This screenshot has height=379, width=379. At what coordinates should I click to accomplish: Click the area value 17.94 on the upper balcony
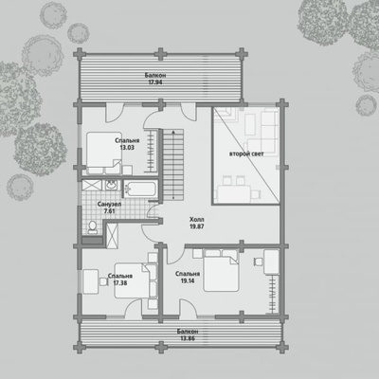[x=155, y=82]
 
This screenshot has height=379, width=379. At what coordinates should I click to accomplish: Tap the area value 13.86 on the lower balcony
[x=188, y=338]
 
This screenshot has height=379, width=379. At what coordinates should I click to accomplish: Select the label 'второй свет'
[x=246, y=154]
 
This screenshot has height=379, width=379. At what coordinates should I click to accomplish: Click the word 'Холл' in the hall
[x=197, y=220]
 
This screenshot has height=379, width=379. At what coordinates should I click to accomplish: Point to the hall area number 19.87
[x=196, y=226]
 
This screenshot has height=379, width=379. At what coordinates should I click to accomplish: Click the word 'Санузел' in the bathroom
[x=109, y=205]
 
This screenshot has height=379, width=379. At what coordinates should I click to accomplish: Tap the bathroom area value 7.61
[x=109, y=211]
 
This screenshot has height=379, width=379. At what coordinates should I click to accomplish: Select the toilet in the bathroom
[x=93, y=227]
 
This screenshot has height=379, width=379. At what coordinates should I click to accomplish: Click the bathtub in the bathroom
[x=139, y=189]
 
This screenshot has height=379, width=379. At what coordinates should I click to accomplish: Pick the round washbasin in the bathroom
[x=111, y=185]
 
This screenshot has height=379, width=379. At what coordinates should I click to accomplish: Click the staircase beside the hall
[x=173, y=164]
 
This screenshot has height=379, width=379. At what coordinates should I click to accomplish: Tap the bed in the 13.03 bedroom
[x=104, y=153]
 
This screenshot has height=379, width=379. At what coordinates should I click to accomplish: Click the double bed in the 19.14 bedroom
[x=221, y=270]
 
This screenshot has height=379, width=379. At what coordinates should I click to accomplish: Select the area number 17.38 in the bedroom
[x=120, y=283]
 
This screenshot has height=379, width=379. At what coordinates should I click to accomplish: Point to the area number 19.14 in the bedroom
[x=188, y=280]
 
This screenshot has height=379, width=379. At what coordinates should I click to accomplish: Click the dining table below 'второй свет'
[x=234, y=192]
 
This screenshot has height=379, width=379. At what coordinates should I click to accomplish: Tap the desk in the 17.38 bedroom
[x=91, y=281]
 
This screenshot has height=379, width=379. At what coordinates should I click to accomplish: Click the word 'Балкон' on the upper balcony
[x=155, y=76]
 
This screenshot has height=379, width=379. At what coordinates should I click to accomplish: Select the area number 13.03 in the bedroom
[x=127, y=148]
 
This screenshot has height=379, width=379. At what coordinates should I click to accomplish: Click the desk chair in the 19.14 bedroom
[x=258, y=262]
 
